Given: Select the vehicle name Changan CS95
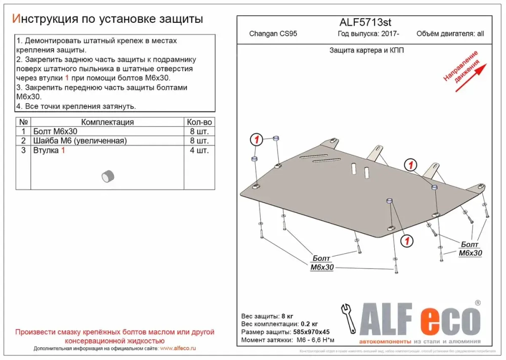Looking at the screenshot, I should [x=273, y=34].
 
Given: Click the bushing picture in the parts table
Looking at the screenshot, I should [x=108, y=176].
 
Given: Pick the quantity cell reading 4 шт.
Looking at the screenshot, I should [x=199, y=150].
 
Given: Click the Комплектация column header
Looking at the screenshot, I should [x=107, y=122].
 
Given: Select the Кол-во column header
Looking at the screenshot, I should [x=199, y=122].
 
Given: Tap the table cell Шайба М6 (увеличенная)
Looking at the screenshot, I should [x=79, y=141].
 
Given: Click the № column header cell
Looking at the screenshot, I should [x=23, y=122].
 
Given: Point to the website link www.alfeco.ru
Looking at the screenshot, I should [x=178, y=349].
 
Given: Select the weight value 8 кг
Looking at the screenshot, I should [x=287, y=316].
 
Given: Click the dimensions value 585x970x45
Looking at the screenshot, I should [x=309, y=332].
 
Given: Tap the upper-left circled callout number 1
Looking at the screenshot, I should [x=257, y=140].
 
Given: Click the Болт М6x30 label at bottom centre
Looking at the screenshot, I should [x=321, y=263].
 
